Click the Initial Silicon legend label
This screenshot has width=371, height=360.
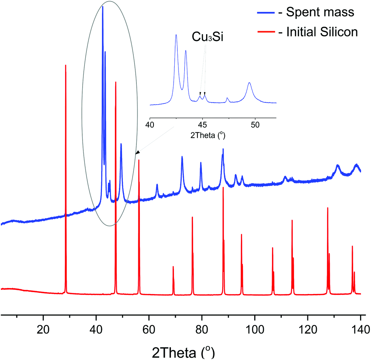coord(322,32)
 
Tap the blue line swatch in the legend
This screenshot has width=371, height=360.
coord(268,12)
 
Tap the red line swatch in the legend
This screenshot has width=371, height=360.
coord(268,32)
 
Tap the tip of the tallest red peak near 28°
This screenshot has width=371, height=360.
coord(66,65)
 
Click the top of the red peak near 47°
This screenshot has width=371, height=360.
coord(116,82)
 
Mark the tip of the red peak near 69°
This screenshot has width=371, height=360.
coord(173,267)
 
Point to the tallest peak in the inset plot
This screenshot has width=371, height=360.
coord(176,35)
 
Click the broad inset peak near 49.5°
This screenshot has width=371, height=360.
coord(249,83)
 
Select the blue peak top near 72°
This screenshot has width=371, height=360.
coord(182,157)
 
